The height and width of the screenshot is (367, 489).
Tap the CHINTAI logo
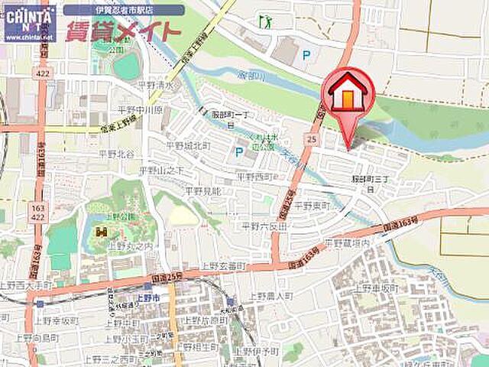(29, 21)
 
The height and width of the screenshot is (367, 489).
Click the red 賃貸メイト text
(123, 32)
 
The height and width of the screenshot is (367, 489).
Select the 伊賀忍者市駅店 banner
(123, 11)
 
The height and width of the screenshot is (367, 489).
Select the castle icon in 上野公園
(102, 231)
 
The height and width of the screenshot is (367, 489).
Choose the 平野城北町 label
(188, 145)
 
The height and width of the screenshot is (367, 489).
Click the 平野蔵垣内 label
(347, 242)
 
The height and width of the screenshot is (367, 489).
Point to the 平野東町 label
(310, 207)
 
